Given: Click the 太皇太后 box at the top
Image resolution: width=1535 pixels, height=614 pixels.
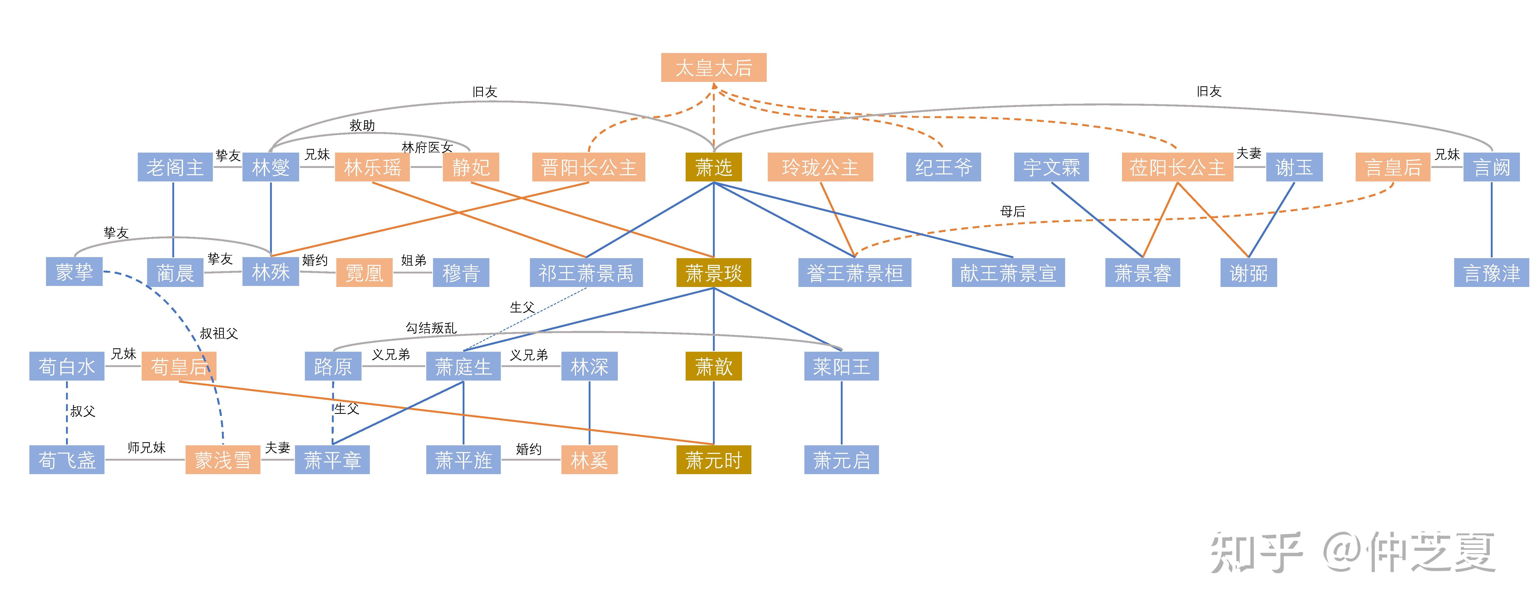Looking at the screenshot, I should [713, 67].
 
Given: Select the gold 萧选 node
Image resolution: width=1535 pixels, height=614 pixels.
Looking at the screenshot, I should [713, 167].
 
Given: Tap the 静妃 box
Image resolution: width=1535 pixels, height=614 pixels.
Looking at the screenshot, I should [471, 167].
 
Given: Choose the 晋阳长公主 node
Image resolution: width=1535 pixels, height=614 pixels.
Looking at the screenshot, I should [588, 167].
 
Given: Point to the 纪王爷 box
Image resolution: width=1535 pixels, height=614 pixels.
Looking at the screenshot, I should [943, 167].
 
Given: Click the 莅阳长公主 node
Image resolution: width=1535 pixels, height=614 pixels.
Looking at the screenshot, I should [1177, 167].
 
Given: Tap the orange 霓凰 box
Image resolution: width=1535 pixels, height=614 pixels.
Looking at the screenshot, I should [364, 273].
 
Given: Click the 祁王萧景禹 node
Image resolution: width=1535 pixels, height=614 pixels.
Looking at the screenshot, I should [586, 273].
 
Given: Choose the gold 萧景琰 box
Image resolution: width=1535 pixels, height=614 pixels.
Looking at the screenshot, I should [713, 273].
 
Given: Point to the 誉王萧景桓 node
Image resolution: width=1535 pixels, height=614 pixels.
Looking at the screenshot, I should [855, 273].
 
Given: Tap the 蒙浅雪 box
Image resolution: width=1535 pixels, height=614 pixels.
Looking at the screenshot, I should [222, 460].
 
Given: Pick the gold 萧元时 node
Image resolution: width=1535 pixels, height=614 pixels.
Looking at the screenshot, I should [713, 460].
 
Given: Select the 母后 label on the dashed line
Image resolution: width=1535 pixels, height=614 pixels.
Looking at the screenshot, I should [1012, 211].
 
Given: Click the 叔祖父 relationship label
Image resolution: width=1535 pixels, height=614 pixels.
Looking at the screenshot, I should [219, 333].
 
